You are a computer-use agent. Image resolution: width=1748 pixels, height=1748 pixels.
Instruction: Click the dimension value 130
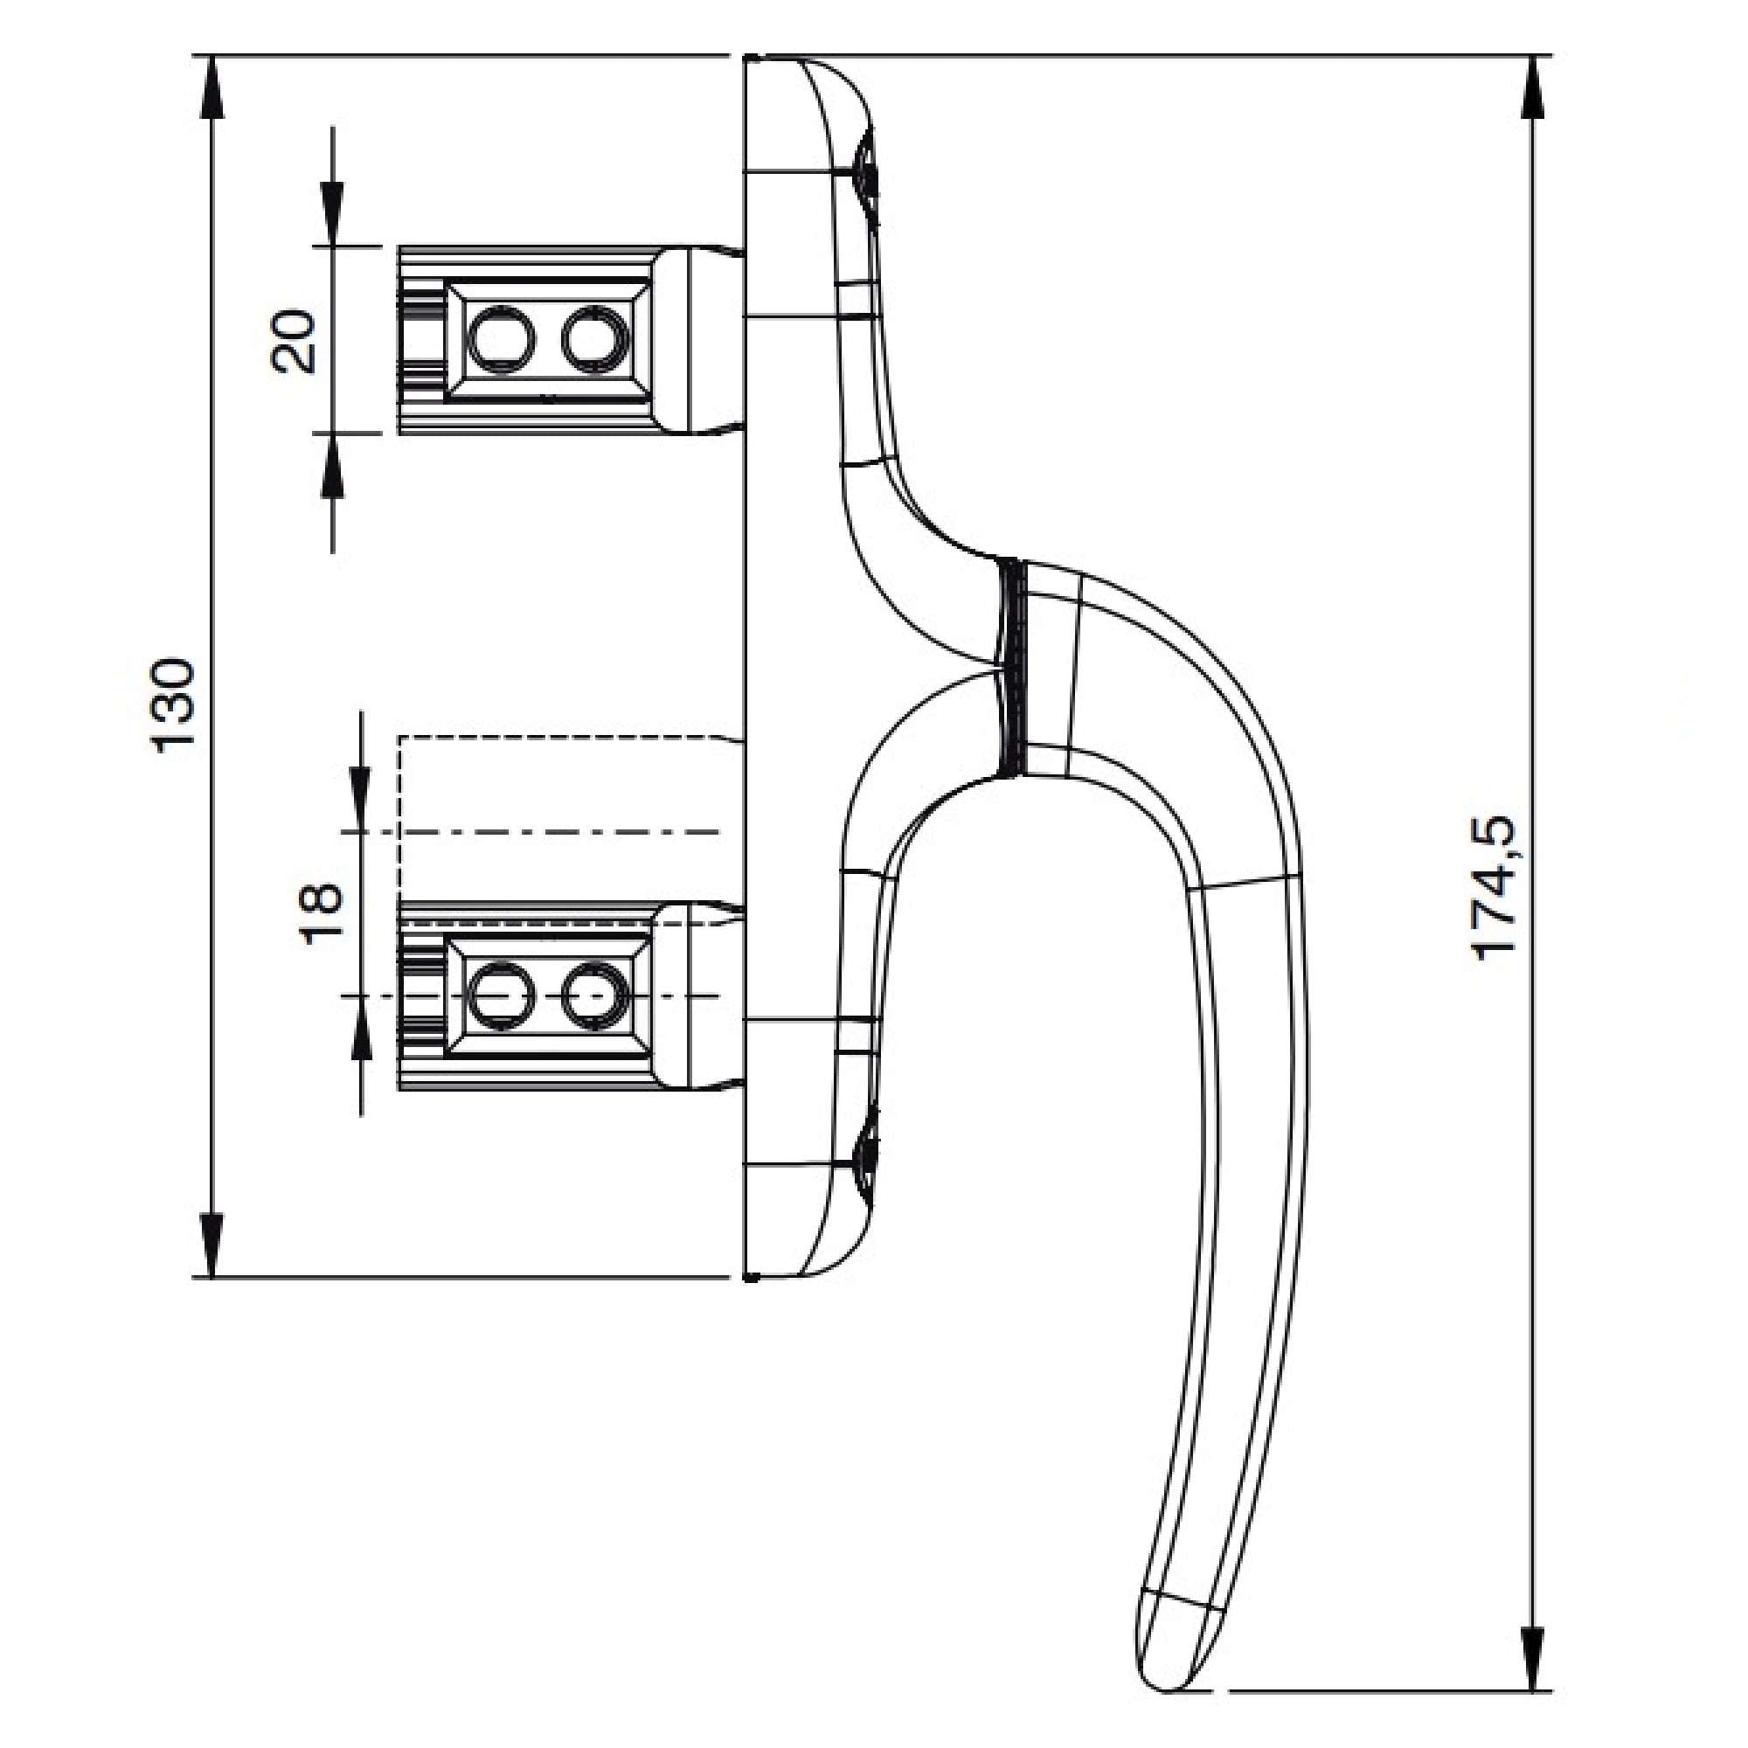click(173, 706)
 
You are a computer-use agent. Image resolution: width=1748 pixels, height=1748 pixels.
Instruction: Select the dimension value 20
click(295, 341)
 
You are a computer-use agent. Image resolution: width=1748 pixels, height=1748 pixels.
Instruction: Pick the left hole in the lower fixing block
click(499, 996)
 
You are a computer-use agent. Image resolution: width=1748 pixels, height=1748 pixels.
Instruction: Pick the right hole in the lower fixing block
click(595, 996)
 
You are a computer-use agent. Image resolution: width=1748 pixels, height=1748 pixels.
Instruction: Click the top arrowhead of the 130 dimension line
click(211, 86)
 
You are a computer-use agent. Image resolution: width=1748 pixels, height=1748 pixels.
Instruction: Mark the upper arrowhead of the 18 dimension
click(360, 800)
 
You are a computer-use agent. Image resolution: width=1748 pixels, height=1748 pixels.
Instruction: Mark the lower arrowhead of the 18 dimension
click(360, 1028)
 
